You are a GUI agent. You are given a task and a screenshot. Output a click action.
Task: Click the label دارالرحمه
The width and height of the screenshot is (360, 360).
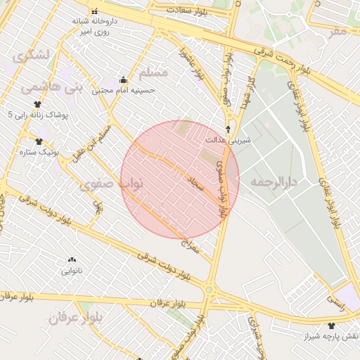(274, 181)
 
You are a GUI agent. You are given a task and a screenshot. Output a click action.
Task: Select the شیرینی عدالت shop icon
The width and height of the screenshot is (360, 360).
(229, 129)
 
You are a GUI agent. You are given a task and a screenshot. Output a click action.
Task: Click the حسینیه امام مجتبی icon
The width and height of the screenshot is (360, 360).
(124, 79)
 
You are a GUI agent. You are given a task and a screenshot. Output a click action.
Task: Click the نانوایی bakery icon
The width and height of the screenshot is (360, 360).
(72, 259)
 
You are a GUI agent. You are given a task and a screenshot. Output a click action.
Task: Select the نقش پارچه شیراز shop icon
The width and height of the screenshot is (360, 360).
(331, 325)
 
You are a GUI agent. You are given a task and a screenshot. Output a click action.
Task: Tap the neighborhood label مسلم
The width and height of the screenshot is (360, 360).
(154, 73)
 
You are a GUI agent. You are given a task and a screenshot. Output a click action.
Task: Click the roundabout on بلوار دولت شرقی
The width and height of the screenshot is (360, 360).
(208, 289)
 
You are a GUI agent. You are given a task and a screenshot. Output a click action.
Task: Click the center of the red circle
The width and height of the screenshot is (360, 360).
(180, 180)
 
